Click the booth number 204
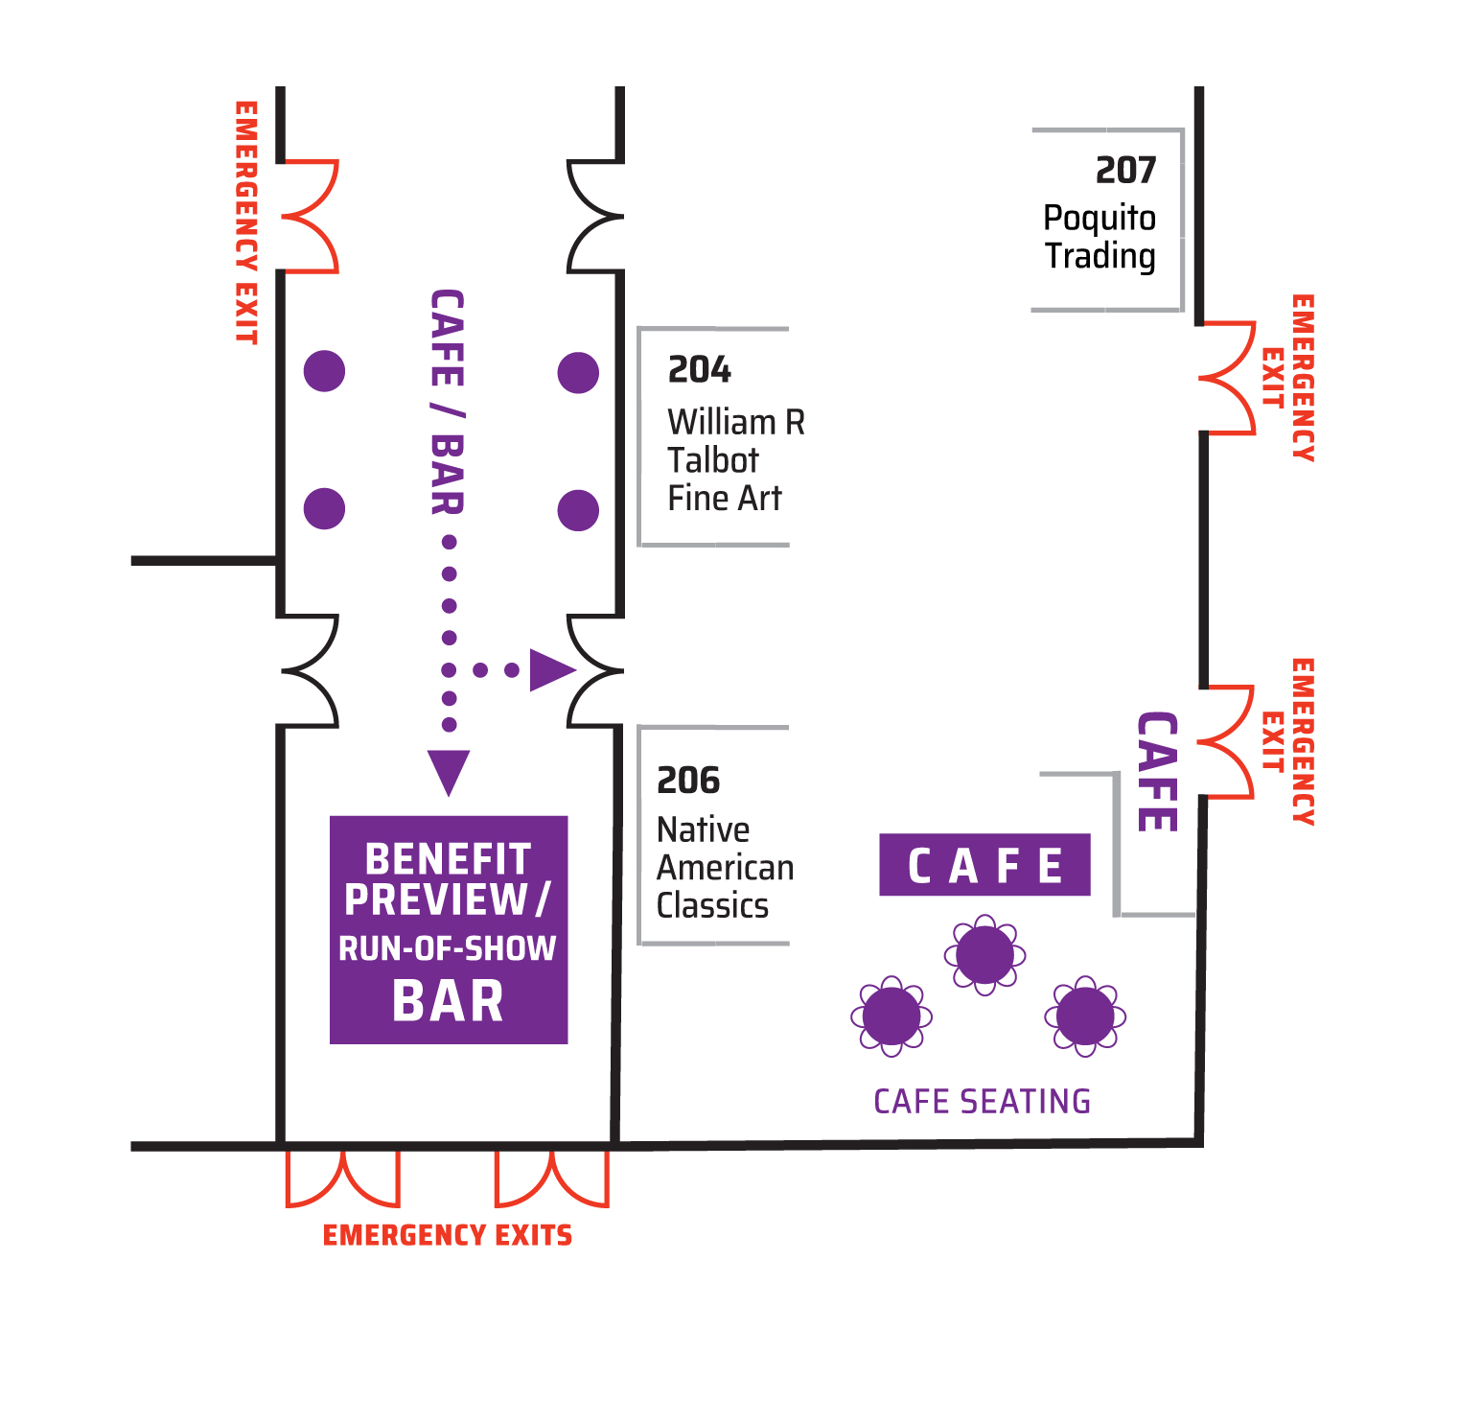coord(700,369)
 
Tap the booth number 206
coord(688,781)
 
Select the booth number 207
coord(1126,171)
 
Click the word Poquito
coord(1100,219)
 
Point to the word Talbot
coord(713,460)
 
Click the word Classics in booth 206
coord(712,905)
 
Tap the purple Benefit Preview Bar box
coord(449,929)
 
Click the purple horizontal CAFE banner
coord(984,865)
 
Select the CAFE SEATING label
coord(983,1101)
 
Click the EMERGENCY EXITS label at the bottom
coord(448,1235)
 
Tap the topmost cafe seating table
coord(984,955)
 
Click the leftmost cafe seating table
coord(892,1016)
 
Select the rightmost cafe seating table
coord(1085,1016)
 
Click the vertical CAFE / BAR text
coord(448,402)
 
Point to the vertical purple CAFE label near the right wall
coord(1157,772)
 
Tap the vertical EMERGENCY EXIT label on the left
coord(246,222)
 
